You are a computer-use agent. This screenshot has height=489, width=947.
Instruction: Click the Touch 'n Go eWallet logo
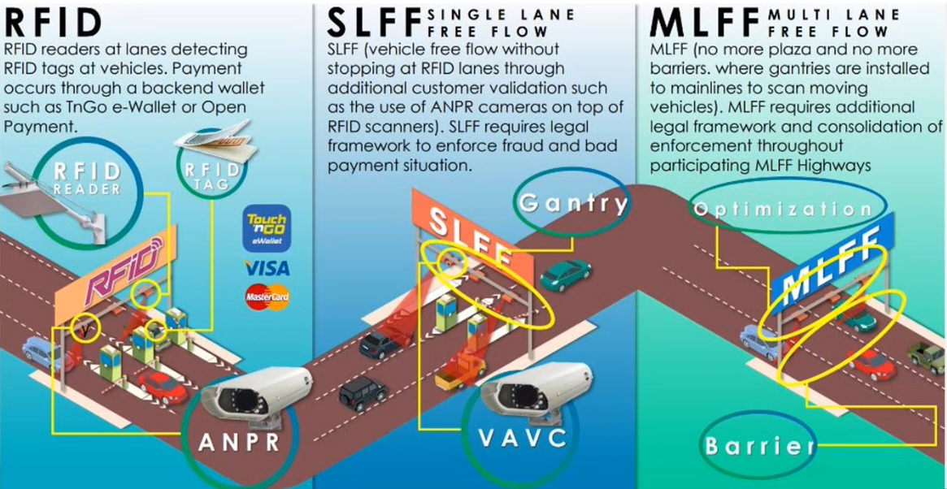(x=267, y=227)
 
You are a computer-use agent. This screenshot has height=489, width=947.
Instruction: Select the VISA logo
(x=267, y=267)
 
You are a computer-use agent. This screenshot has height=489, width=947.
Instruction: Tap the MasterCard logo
(x=267, y=298)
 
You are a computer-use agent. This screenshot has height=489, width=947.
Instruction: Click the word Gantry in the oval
(x=574, y=202)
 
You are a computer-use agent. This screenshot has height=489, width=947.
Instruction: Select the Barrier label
(x=759, y=445)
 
